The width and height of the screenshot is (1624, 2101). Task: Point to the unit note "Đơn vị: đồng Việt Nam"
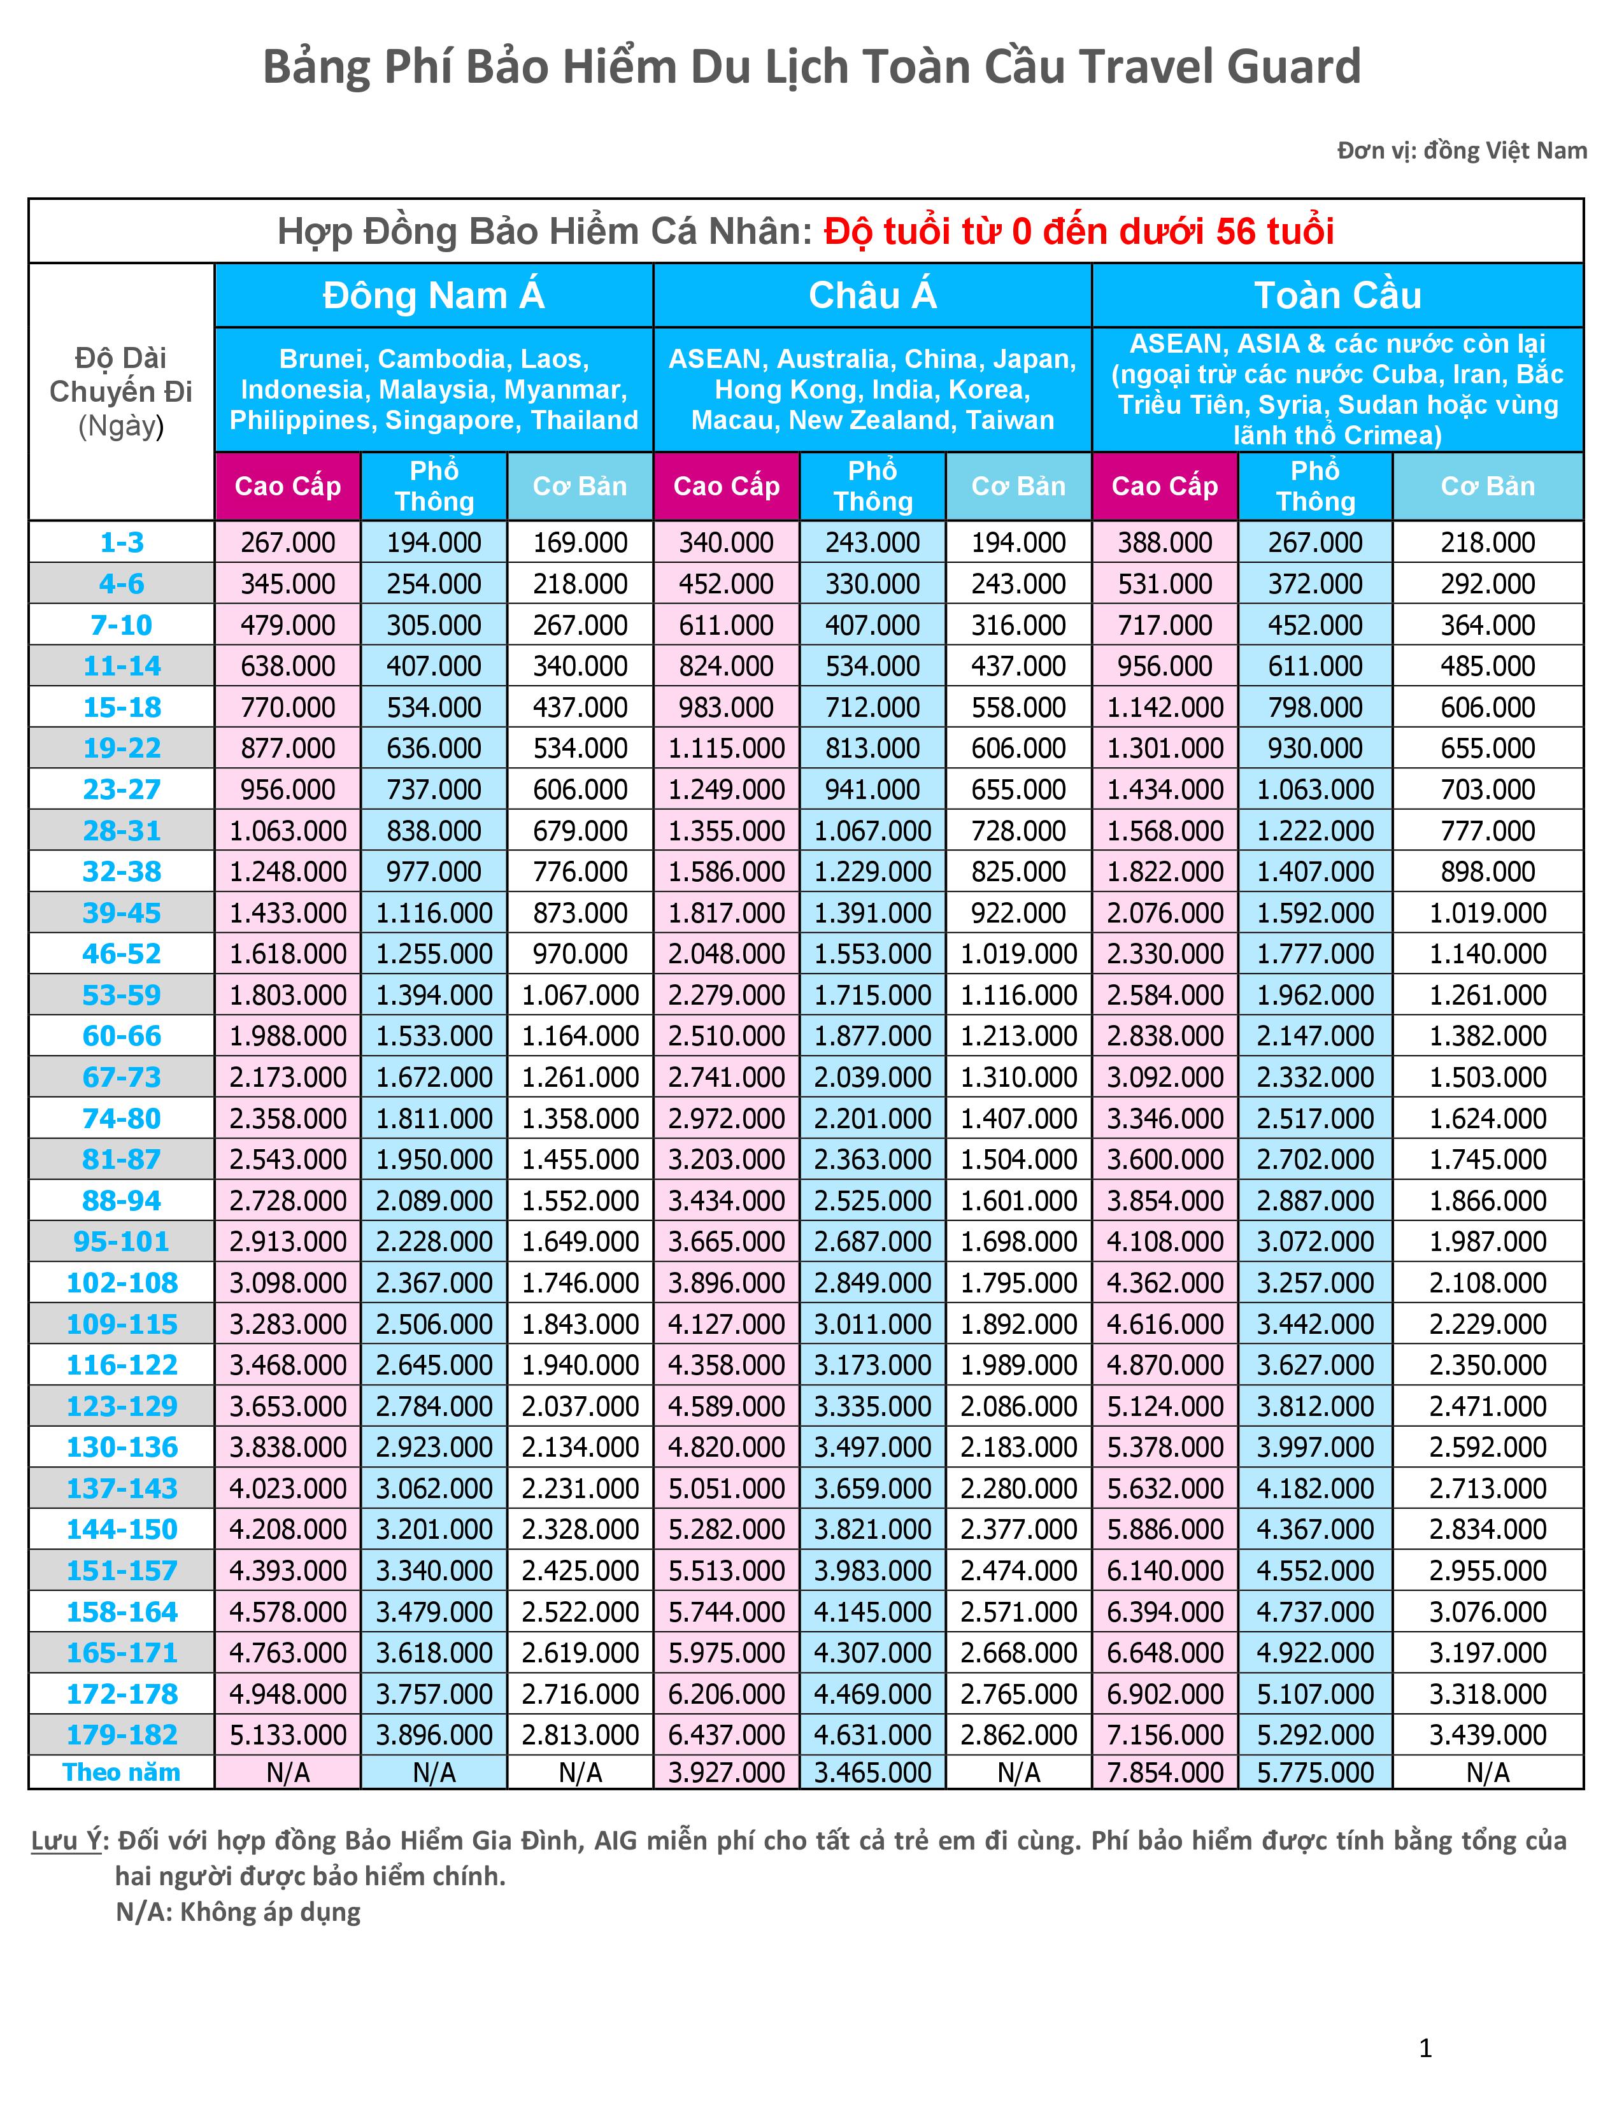coord(1462,151)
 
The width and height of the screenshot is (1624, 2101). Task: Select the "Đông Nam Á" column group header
coord(434,295)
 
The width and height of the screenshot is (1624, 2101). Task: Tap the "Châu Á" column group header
coord(873,295)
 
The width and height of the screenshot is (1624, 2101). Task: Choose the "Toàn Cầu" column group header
coord(1337,295)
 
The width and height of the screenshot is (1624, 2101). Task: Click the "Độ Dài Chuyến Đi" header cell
coord(121,392)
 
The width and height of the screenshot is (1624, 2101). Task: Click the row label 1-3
coord(121,542)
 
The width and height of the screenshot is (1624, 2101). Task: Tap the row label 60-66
coord(121,1036)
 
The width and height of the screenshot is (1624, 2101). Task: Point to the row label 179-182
coord(121,1734)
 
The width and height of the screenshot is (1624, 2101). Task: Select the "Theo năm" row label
coord(121,1772)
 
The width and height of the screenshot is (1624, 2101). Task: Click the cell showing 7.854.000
coord(1165,1772)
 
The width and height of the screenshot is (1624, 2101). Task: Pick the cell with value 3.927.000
coord(727,1772)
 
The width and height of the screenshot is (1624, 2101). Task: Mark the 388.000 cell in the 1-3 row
coord(1165,542)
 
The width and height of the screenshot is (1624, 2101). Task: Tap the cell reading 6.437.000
coord(727,1734)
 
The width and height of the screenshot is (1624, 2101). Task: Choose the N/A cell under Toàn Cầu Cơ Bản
coord(1487,1772)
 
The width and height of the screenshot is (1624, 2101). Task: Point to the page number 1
coord(1426,2049)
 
